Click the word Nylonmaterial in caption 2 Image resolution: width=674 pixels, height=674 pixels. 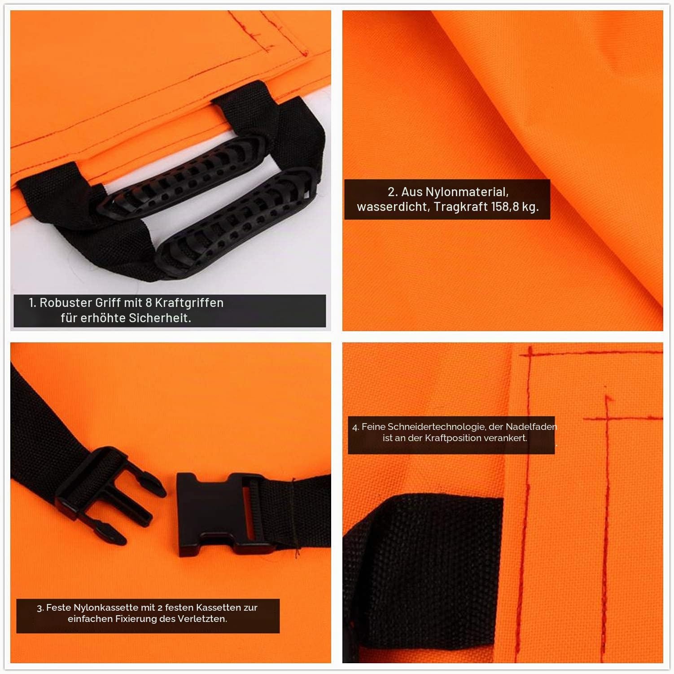(467, 192)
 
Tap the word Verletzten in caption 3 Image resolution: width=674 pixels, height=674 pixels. (205, 619)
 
